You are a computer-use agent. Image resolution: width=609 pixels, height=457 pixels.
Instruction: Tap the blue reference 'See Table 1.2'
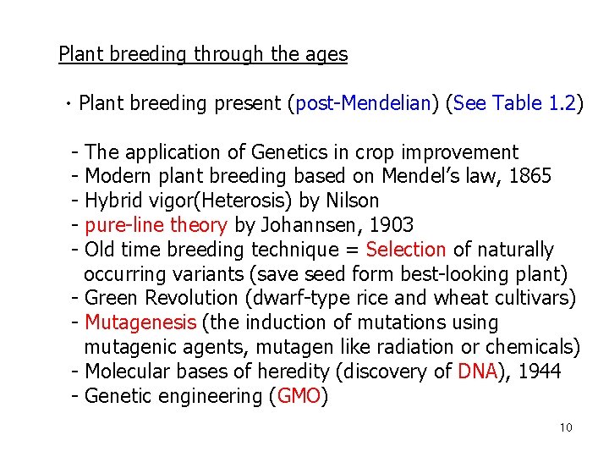pyautogui.click(x=514, y=104)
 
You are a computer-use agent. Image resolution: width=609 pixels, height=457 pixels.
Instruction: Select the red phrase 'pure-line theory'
pyautogui.click(x=156, y=226)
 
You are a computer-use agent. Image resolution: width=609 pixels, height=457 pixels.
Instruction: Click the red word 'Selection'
pyautogui.click(x=406, y=250)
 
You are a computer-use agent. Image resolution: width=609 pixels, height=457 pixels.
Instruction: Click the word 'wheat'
pyautogui.click(x=458, y=299)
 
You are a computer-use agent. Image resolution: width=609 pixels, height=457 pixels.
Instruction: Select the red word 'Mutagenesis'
pyautogui.click(x=140, y=323)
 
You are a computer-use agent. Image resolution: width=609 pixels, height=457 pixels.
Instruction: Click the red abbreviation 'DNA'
pyautogui.click(x=476, y=372)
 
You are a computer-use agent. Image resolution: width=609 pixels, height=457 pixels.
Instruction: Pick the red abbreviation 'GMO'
pyautogui.click(x=299, y=396)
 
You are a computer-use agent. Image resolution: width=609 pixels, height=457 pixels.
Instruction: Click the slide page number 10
pyautogui.click(x=566, y=427)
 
